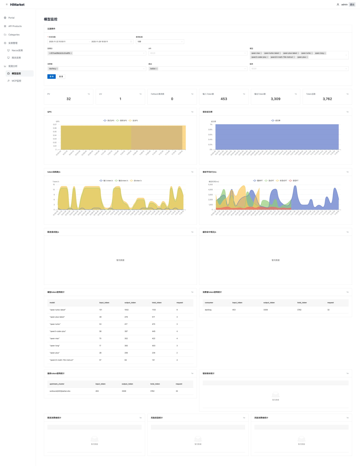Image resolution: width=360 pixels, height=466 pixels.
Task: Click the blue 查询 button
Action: pos(51,77)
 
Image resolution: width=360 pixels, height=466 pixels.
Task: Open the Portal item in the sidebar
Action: pos(11,18)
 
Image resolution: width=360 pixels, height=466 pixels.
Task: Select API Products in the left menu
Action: pos(15,26)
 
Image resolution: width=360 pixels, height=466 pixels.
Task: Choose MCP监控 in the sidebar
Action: pos(16,81)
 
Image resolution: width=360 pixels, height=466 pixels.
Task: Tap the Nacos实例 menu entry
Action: pos(17,50)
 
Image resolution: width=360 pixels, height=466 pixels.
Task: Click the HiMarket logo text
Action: pos(17,5)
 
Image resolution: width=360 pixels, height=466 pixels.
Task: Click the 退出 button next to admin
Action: pos(352,5)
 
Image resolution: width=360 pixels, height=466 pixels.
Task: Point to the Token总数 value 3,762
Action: pos(327,99)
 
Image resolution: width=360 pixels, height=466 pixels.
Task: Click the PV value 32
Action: pos(69,99)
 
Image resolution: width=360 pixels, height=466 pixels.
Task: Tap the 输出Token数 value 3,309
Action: pos(275,99)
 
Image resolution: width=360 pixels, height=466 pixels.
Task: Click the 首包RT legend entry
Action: pos(295,180)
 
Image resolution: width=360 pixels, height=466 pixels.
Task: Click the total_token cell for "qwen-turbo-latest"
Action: pos(154,310)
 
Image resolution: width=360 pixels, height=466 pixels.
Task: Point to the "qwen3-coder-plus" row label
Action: pos(58,331)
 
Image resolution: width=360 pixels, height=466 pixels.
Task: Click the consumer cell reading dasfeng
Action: pos(208,310)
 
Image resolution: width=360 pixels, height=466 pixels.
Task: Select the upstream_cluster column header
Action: pos(57,384)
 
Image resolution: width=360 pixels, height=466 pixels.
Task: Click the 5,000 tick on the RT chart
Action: pos(210,184)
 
